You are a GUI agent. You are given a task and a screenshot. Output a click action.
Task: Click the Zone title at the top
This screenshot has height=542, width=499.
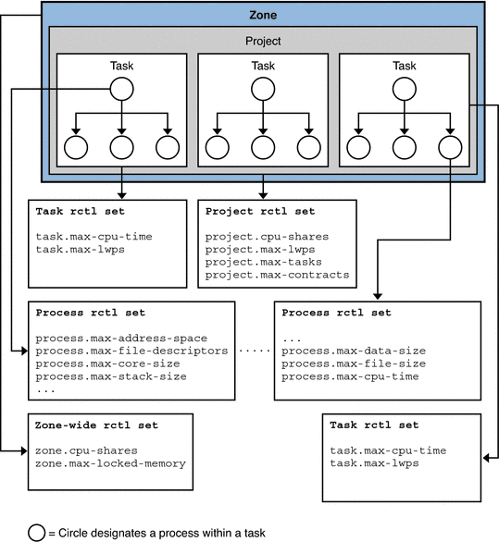pos(262,15)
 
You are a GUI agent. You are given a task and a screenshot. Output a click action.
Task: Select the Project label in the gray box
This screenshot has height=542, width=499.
pos(262,41)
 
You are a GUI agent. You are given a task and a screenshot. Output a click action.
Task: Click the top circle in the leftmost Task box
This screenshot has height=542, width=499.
pos(122,89)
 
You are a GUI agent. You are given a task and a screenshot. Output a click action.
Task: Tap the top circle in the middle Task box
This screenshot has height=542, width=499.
pos(263,89)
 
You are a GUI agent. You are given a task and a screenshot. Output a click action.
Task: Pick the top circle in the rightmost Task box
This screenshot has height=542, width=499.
pos(404,89)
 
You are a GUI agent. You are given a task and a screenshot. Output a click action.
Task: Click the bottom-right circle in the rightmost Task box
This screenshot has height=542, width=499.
pos(450,146)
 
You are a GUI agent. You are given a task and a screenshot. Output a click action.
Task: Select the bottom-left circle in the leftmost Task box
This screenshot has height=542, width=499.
pos(75,146)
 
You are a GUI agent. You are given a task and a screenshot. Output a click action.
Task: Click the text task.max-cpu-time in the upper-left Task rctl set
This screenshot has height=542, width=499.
pos(94,236)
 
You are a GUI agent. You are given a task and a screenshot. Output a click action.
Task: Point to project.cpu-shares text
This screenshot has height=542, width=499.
pos(266,237)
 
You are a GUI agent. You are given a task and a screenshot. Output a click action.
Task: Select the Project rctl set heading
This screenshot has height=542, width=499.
pos(256,211)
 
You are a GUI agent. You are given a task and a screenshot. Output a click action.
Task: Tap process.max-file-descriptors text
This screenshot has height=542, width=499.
pos(131,351)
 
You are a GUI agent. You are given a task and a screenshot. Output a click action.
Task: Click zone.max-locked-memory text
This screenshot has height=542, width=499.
pos(111,462)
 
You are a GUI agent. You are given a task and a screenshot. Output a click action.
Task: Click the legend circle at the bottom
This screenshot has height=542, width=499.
pos(37,531)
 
